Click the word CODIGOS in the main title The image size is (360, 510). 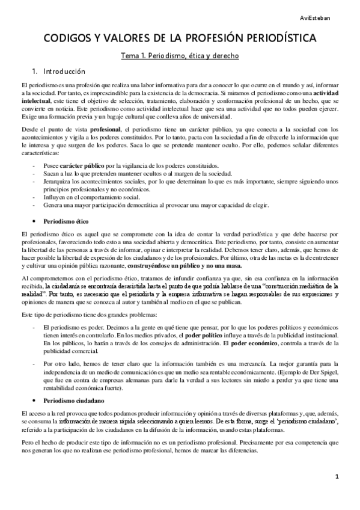67,39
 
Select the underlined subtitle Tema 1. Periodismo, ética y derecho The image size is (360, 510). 180,56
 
